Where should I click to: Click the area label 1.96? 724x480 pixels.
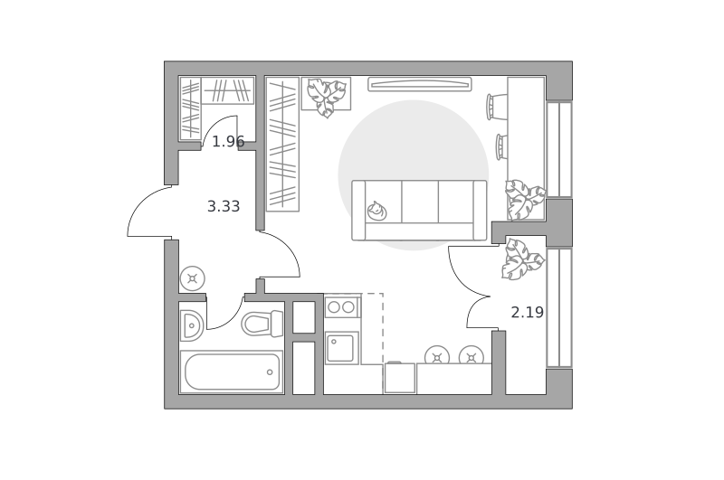(x=228, y=142)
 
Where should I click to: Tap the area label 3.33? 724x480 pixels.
(x=224, y=206)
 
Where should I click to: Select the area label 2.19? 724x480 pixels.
(x=528, y=312)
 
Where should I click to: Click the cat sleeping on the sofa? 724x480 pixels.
(x=376, y=211)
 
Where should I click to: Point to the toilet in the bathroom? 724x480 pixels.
(x=262, y=324)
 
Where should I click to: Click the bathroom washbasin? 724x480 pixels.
(x=191, y=325)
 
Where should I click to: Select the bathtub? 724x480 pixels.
(x=232, y=372)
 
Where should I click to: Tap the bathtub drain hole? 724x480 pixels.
(x=270, y=372)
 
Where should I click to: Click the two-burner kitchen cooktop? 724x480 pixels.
(x=342, y=306)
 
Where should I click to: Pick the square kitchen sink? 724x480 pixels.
(x=342, y=348)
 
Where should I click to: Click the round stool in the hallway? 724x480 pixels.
(x=193, y=278)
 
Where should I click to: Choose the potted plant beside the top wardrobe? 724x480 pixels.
(x=327, y=96)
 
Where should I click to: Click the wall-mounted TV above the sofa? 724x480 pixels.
(x=420, y=84)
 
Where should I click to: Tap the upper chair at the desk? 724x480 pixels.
(x=496, y=107)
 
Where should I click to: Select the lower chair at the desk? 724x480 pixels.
(x=501, y=146)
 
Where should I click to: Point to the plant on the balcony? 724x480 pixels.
(x=523, y=259)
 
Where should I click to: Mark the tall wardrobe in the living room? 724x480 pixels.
(x=282, y=145)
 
